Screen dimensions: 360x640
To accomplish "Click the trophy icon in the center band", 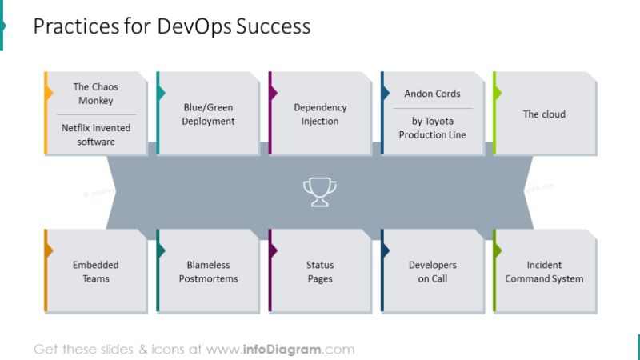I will click(320, 192).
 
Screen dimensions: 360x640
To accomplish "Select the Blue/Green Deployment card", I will click(209, 114).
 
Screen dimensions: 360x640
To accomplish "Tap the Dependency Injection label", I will click(320, 114).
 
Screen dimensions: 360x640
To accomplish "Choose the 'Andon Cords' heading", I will click(432, 94).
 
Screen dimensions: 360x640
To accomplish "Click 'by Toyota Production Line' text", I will click(432, 128).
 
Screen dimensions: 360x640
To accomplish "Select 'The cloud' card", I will click(544, 114).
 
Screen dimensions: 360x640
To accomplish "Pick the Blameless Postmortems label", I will click(208, 272).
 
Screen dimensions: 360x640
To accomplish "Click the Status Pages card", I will click(320, 272).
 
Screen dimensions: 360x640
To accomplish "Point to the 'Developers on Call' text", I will click(432, 272).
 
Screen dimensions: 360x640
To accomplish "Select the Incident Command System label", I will click(544, 272).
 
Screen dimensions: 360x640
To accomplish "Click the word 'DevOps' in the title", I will click(193, 26).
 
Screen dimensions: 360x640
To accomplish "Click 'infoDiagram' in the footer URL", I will click(281, 350).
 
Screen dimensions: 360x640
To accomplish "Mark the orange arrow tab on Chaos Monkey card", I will click(49, 94).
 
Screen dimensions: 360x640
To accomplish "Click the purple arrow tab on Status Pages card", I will click(273, 250).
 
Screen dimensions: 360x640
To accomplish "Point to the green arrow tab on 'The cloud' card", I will click(497, 94).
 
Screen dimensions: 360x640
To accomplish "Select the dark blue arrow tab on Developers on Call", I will click(385, 250).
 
